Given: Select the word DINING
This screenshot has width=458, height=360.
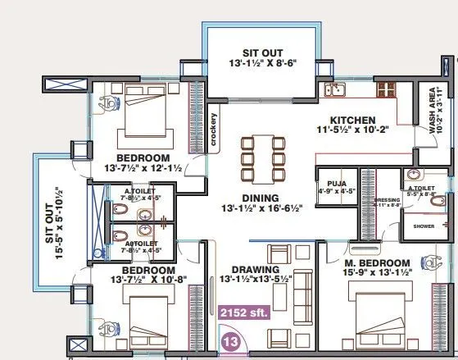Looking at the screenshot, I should [260, 197].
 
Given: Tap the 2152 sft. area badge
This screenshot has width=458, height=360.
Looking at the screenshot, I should [246, 312].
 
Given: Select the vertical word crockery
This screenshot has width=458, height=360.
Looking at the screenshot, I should [213, 130].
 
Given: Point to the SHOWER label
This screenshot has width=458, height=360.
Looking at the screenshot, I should [424, 226].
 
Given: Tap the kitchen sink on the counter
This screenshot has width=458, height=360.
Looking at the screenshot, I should [334, 89].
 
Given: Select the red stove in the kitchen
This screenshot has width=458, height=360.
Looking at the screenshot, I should [386, 87].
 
